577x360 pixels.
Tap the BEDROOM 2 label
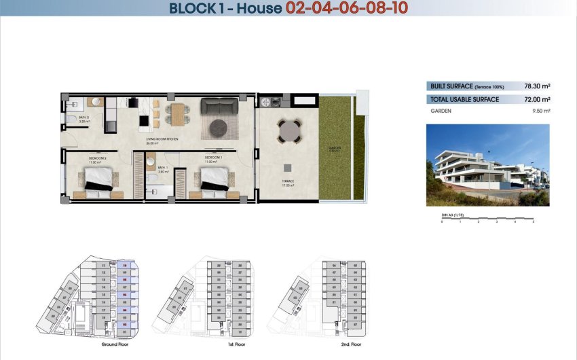[97, 158]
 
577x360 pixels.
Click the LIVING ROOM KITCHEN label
[161, 139]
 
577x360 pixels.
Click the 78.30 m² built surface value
[537, 86]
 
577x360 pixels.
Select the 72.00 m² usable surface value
[537, 100]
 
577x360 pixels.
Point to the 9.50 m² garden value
[540, 111]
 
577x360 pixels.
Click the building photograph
[487, 164]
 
